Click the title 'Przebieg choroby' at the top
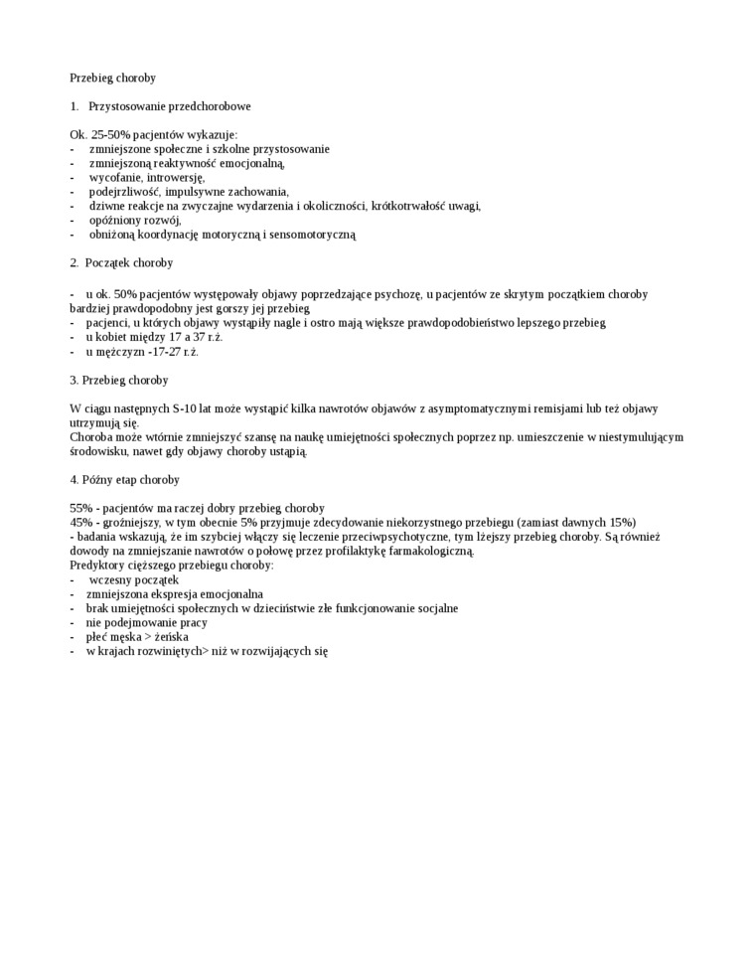(x=112, y=78)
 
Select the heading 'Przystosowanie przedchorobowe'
(x=169, y=105)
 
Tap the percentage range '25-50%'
(x=110, y=134)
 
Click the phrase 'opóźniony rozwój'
(x=134, y=221)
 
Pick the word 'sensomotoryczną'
(x=309, y=236)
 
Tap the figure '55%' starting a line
(x=81, y=509)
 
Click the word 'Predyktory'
(x=96, y=566)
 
